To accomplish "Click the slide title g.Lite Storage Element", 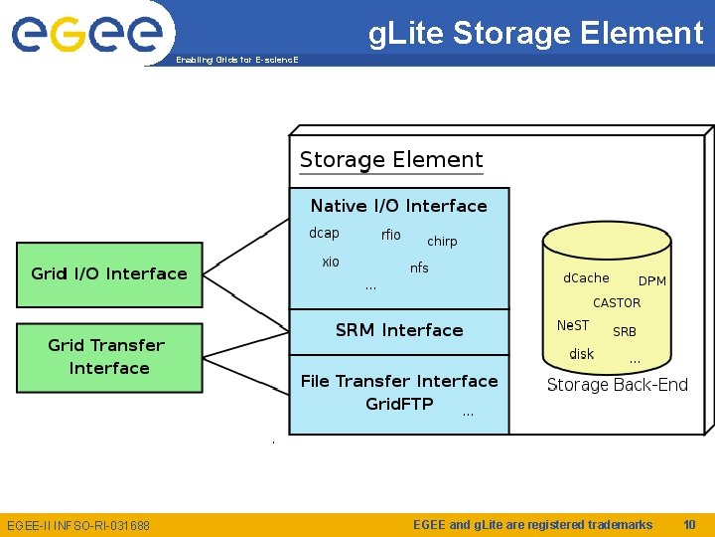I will [x=535, y=33].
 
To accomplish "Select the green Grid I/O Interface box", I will [x=109, y=274].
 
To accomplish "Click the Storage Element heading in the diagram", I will [x=391, y=160].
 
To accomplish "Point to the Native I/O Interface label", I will [x=398, y=206].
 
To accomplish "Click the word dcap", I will [x=324, y=234].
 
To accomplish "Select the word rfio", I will [x=391, y=236].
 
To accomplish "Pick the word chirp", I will [x=442, y=242].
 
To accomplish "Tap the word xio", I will [x=331, y=262].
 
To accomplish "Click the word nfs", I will [x=419, y=268].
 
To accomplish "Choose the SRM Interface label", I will [x=399, y=330].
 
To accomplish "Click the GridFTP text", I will [x=399, y=404].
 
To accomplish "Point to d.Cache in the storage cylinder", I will [x=586, y=278].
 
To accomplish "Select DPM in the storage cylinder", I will [x=652, y=281].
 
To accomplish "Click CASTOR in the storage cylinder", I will [x=617, y=303].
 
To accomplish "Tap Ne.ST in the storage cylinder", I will [x=573, y=326].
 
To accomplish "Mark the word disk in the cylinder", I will [x=581, y=354].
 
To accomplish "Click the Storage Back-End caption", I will [x=617, y=385].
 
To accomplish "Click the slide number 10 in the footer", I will [x=689, y=524].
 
